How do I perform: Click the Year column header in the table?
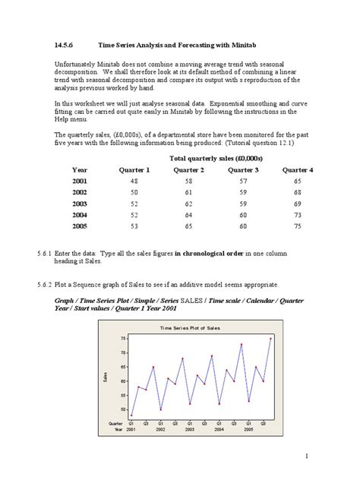tap(80, 170)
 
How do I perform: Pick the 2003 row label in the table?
tap(80, 204)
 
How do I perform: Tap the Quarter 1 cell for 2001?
tap(134, 182)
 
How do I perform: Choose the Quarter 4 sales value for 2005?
tap(297, 226)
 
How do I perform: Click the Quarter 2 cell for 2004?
tap(188, 215)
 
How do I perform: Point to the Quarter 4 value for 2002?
tap(297, 193)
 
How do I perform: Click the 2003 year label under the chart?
tap(190, 430)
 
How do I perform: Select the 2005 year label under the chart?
tap(248, 430)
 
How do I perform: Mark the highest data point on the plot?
tap(270, 338)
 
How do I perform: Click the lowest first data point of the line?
tap(131, 415)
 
